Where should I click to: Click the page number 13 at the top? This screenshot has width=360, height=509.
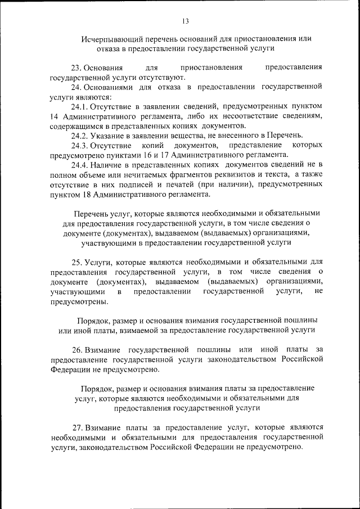(185, 21)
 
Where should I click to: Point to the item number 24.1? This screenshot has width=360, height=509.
(79, 106)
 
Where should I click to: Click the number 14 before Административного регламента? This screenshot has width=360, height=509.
(54, 116)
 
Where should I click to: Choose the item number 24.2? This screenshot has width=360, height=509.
(79, 136)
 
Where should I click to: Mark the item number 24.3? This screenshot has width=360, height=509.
(79, 145)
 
